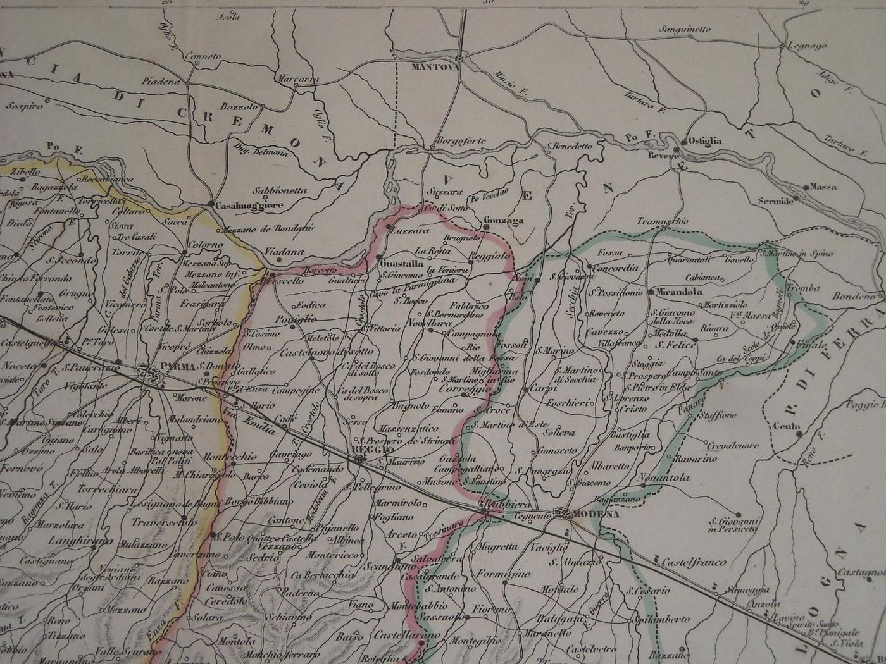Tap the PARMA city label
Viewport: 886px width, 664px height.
(177, 366)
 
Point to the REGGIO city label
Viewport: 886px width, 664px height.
(368, 450)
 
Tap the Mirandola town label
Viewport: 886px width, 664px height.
(680, 293)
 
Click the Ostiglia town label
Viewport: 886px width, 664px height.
(705, 141)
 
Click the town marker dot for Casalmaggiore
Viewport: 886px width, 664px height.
(210, 204)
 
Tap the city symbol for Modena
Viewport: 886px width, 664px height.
(562, 514)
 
